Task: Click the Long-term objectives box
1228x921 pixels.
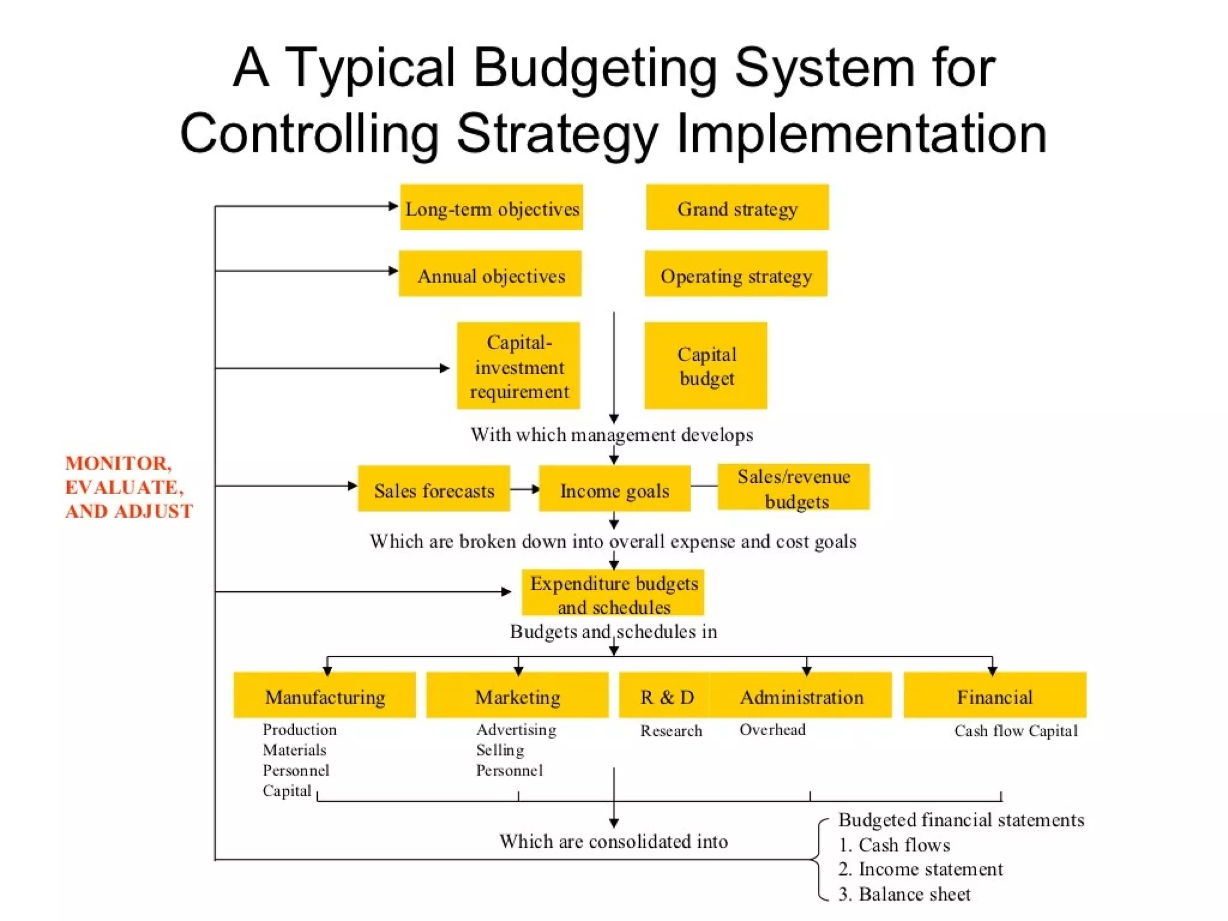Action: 492,207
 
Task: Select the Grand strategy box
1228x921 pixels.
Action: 737,207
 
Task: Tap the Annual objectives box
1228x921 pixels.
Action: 490,274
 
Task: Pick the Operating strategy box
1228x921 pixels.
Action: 736,274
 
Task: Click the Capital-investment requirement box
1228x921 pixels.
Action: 519,366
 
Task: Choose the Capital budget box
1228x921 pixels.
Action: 706,366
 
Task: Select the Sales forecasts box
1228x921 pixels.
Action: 434,489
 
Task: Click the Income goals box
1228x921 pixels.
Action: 615,489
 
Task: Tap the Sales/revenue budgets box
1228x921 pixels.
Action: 793,487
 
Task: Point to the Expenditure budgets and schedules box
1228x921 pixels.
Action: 613,593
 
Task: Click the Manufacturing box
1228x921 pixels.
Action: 324,696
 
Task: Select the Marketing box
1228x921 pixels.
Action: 517,696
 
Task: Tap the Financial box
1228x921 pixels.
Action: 995,696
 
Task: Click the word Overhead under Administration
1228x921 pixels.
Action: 772,730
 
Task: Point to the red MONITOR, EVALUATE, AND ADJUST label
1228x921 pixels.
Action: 128,487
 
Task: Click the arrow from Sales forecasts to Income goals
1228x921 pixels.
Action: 525,489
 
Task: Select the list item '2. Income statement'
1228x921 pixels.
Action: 920,869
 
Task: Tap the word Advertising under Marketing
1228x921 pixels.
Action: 516,730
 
